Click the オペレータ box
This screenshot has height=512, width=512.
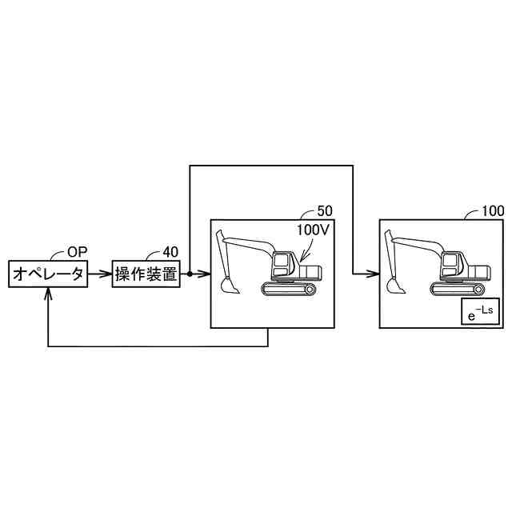click(48, 274)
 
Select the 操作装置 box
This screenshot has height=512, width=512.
click(146, 274)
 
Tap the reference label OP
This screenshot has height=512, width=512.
click(78, 252)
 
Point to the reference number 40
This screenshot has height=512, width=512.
click(170, 252)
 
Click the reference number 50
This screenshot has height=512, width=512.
click(325, 211)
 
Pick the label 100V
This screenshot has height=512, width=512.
click(313, 230)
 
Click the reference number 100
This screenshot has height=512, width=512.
click(493, 211)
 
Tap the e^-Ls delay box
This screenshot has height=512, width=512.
click(480, 311)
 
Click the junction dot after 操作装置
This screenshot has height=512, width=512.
click(190, 274)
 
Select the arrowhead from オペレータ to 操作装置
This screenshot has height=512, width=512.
click(107, 274)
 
